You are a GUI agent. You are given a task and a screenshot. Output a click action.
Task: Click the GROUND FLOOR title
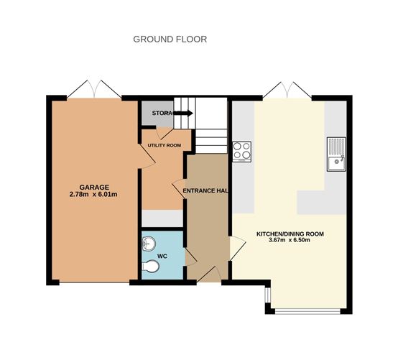point(170,39)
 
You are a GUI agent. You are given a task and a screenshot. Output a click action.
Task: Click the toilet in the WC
point(150,268)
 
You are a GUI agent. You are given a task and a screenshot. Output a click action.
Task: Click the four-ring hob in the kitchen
point(241,150)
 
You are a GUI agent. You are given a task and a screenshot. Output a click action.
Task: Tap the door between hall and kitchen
point(233,249)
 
